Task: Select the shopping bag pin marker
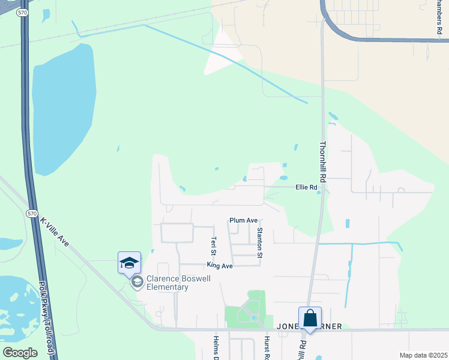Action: tap(310, 318)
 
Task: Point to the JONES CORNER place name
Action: tap(309, 326)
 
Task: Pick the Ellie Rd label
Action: tap(306, 187)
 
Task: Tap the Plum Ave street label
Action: tap(243, 221)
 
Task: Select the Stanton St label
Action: tap(260, 242)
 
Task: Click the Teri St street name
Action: tap(213, 245)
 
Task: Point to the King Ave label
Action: tap(219, 265)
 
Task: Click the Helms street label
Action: tap(216, 348)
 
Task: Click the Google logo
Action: tap(20, 353)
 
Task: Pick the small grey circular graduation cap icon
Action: tap(137, 283)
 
